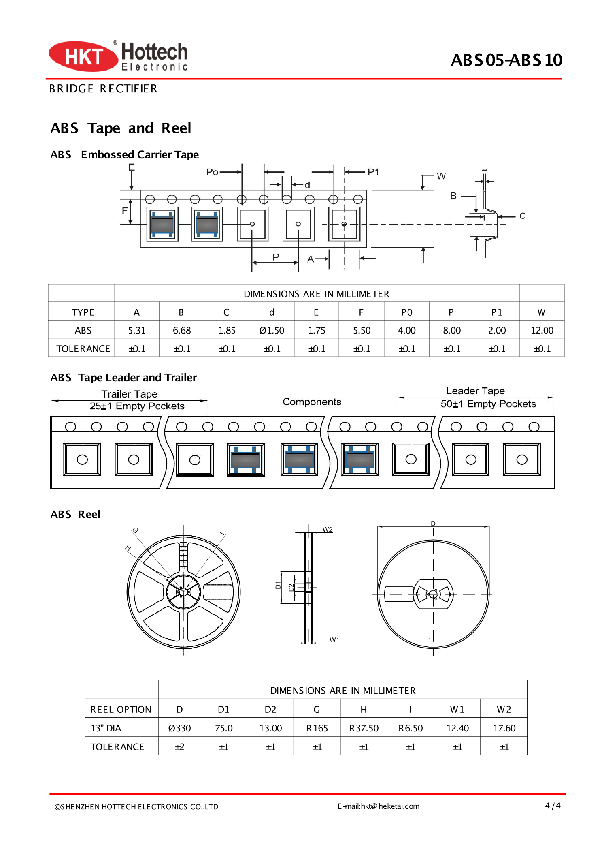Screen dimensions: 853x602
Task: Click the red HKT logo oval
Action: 83,56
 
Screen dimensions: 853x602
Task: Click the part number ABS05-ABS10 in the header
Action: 506,60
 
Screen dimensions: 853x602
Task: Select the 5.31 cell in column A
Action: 136,330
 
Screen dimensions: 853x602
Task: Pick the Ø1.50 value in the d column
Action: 272,330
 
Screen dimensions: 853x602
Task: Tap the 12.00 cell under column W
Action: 542,330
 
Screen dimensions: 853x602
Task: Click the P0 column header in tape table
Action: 406,312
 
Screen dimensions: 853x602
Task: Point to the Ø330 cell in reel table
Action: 179,728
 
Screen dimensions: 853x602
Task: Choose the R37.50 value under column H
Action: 364,728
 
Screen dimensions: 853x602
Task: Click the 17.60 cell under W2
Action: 504,728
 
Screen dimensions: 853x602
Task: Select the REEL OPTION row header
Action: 121,710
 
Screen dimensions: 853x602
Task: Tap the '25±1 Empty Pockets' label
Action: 137,406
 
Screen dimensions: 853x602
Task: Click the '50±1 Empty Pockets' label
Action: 488,404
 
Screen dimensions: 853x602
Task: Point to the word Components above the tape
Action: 312,402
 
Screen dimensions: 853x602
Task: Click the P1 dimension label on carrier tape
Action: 373,172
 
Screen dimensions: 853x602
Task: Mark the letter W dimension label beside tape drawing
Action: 441,176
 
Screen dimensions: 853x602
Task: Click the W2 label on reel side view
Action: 327,530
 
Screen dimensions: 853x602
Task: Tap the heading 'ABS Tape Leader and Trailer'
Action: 123,377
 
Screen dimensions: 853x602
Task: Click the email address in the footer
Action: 379,806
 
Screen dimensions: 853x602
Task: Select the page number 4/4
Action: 552,806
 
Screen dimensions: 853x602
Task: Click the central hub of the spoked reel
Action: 183,592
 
